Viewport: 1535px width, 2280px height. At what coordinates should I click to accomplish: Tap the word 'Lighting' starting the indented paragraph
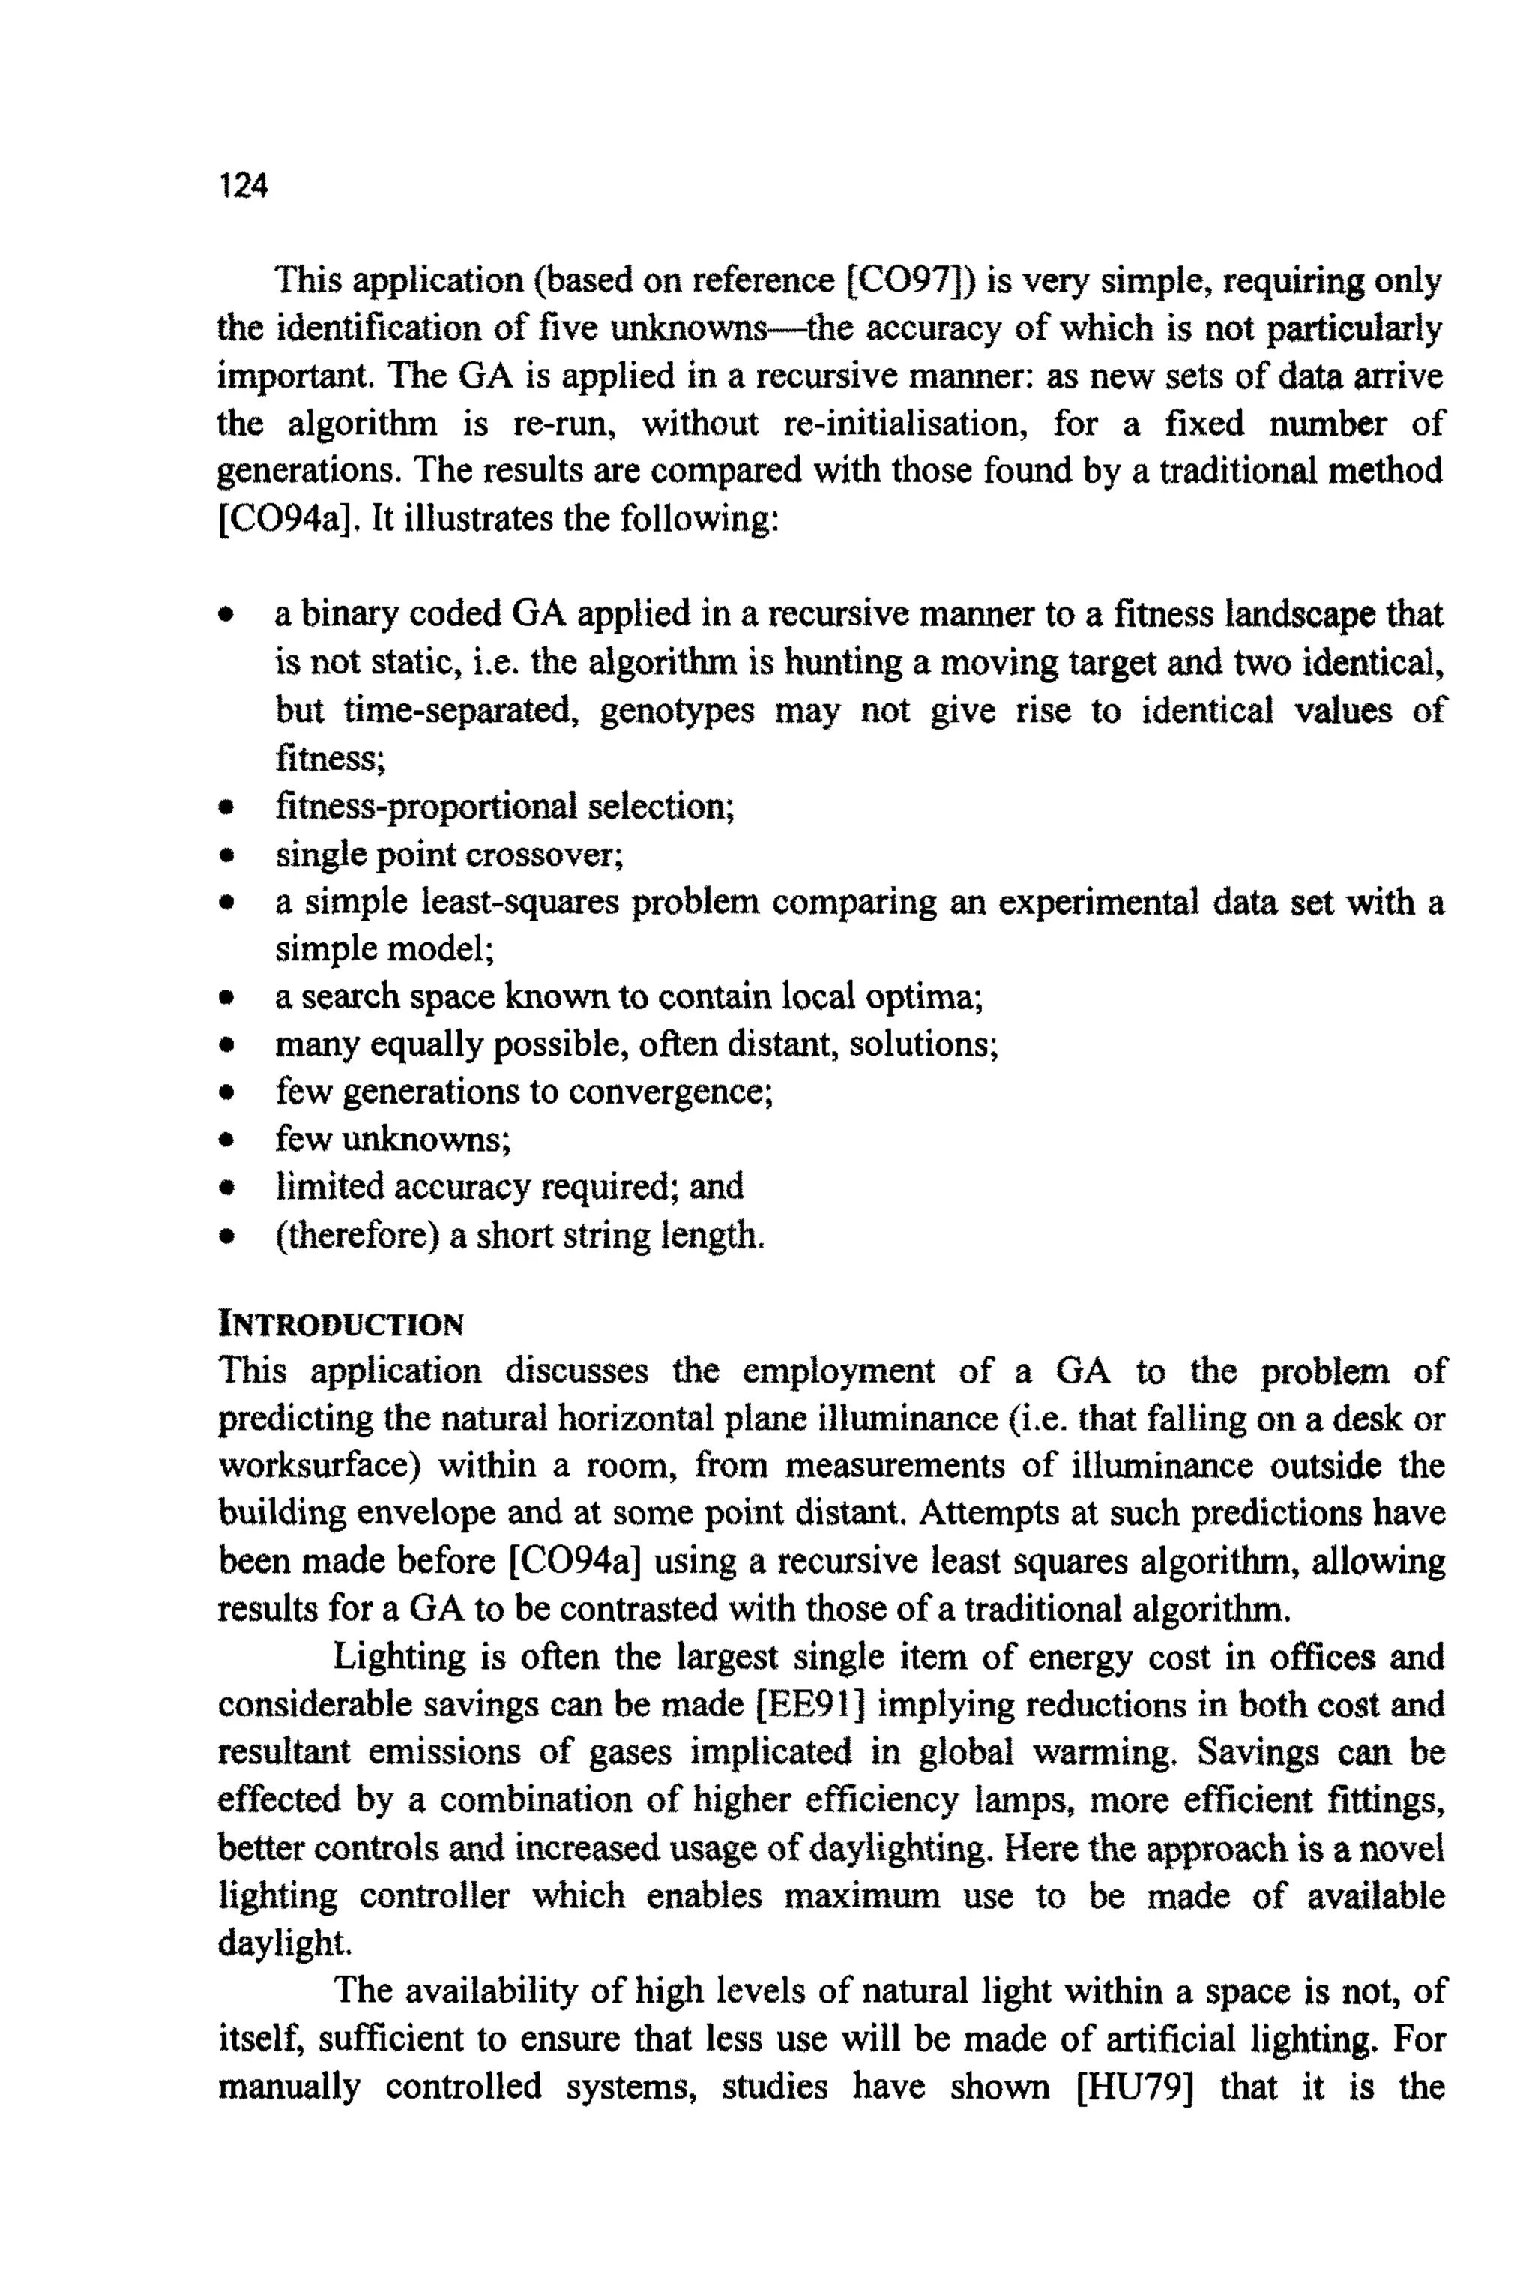coord(399,1656)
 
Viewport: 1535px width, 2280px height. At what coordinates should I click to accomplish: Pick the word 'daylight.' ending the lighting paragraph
coord(284,1943)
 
